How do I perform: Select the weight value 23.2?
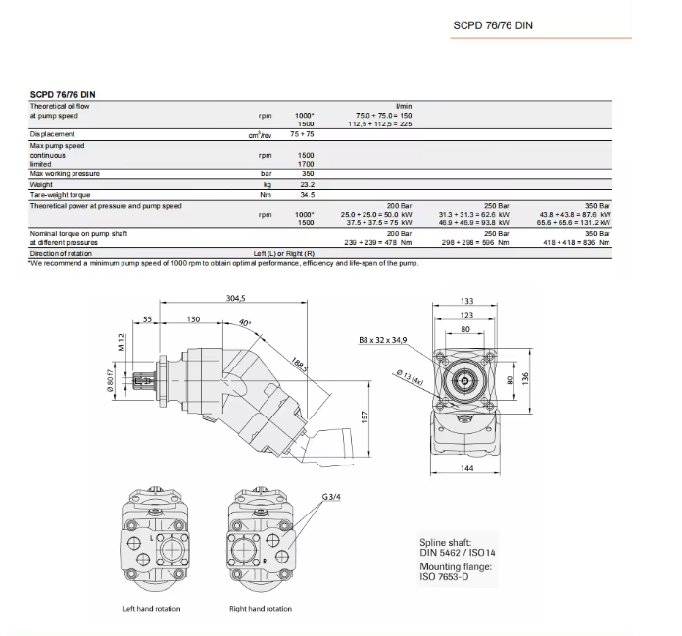pos(307,184)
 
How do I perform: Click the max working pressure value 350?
pos(307,173)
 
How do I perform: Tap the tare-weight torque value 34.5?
pos(306,195)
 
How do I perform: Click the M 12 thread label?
pos(122,342)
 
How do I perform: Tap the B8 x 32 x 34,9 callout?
pos(382,339)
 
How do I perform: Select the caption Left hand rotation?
pos(152,609)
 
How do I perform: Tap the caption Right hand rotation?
pos(261,609)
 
